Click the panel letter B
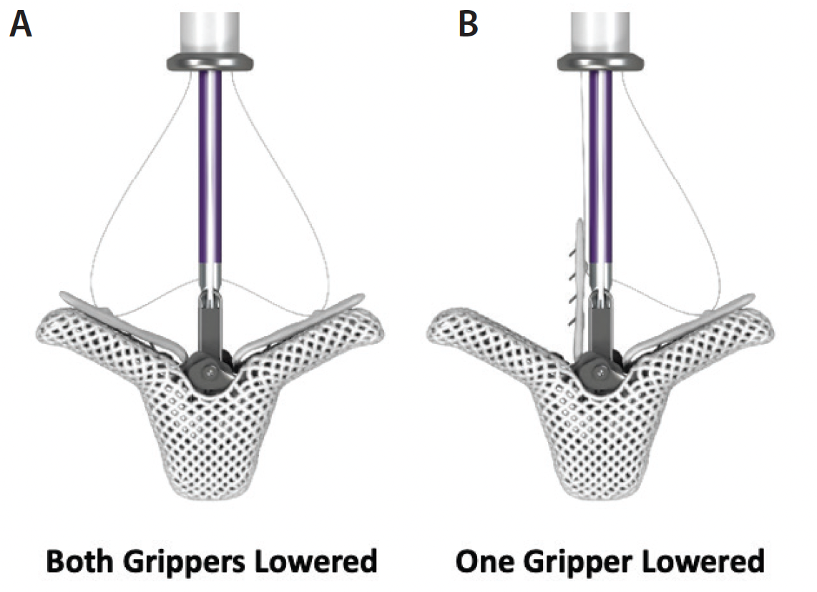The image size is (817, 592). (468, 25)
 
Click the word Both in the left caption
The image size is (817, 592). (77, 561)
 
